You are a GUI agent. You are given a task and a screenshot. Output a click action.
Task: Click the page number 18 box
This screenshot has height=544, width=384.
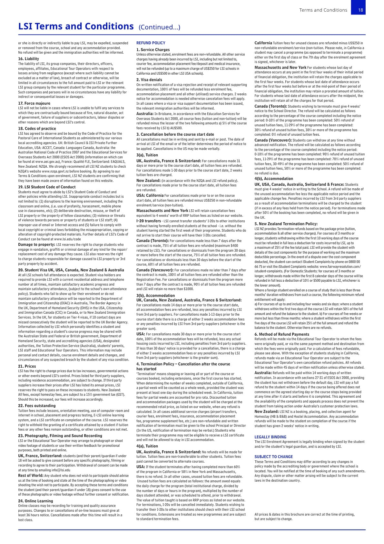tap(360, 10)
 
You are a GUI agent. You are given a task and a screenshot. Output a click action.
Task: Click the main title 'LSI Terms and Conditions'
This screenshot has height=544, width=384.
tap(76, 26)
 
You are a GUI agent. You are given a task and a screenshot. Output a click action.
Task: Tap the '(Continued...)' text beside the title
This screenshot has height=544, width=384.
tap(159, 27)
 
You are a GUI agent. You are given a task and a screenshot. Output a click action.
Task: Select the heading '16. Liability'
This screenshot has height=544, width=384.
tap(28, 59)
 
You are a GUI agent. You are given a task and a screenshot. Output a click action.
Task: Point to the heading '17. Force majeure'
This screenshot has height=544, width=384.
tap(34, 103)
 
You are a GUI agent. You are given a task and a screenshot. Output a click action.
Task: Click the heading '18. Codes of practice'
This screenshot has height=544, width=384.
tap(37, 129)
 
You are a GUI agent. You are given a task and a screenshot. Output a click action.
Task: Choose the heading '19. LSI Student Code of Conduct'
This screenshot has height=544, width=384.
tap(47, 187)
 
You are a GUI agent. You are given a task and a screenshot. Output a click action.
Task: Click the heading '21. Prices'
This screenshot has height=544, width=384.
tap(27, 366)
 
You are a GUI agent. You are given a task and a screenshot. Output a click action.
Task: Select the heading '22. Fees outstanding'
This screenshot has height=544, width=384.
tap(37, 406)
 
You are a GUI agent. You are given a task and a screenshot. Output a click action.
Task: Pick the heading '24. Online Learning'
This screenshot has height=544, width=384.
tap(35, 501)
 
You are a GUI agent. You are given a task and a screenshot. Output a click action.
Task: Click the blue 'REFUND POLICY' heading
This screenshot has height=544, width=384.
tap(151, 43)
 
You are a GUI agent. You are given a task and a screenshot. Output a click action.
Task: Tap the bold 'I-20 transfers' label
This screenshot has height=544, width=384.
tap(149, 221)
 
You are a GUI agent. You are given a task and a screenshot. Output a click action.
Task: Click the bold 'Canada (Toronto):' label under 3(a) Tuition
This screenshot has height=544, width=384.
tap(153, 241)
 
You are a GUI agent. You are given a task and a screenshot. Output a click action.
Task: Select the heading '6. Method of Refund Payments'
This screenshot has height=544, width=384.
tap(282, 334)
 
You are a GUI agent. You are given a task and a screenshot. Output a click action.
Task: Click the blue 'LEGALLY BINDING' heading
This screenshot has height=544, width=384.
tap(270, 437)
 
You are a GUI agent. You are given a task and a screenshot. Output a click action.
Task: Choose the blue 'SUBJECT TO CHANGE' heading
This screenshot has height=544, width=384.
tap(273, 457)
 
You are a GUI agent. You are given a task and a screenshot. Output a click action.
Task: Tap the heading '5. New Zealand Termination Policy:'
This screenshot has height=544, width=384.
tap(286, 224)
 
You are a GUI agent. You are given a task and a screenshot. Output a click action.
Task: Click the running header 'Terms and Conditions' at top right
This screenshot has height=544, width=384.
tap(323, 10)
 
